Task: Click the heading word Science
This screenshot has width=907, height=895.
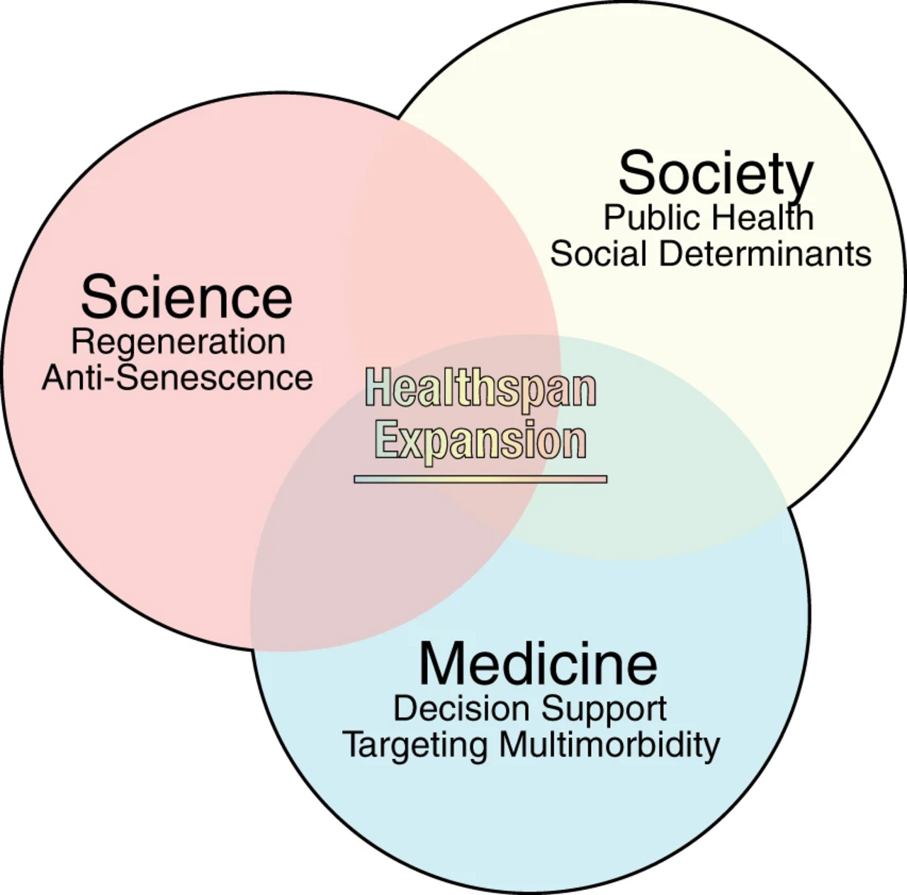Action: [187, 298]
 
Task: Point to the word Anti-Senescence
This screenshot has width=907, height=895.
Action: [177, 378]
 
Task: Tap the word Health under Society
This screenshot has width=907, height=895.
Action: [762, 218]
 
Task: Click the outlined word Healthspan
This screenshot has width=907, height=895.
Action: [480, 388]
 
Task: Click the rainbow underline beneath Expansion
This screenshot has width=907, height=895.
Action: [480, 479]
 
